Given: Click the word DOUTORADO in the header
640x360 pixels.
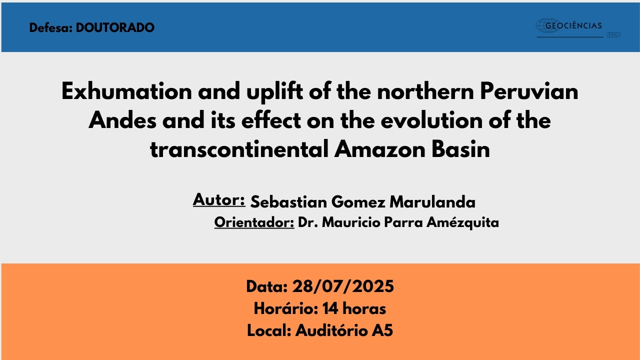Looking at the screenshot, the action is (115, 27).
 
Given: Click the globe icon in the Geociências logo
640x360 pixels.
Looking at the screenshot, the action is (547, 25).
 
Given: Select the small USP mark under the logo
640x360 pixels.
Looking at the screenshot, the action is (613, 35).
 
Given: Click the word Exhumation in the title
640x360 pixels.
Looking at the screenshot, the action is (126, 91).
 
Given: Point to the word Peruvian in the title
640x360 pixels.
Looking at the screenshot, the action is (529, 91).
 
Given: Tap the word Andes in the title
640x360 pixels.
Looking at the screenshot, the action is (122, 120).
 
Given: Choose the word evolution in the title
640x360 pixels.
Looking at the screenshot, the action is (431, 120).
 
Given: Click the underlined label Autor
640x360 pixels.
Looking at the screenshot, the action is (218, 199).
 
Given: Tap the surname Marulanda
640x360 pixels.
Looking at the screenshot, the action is (432, 202).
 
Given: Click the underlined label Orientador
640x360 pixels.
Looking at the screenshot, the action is (254, 222).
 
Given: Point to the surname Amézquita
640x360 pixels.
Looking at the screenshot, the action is (462, 222).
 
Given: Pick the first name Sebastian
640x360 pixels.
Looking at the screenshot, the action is (288, 202).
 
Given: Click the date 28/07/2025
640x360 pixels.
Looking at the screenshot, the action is (343, 286).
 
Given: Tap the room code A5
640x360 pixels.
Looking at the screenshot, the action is (382, 330).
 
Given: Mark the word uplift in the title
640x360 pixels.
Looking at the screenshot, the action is (274, 92).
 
